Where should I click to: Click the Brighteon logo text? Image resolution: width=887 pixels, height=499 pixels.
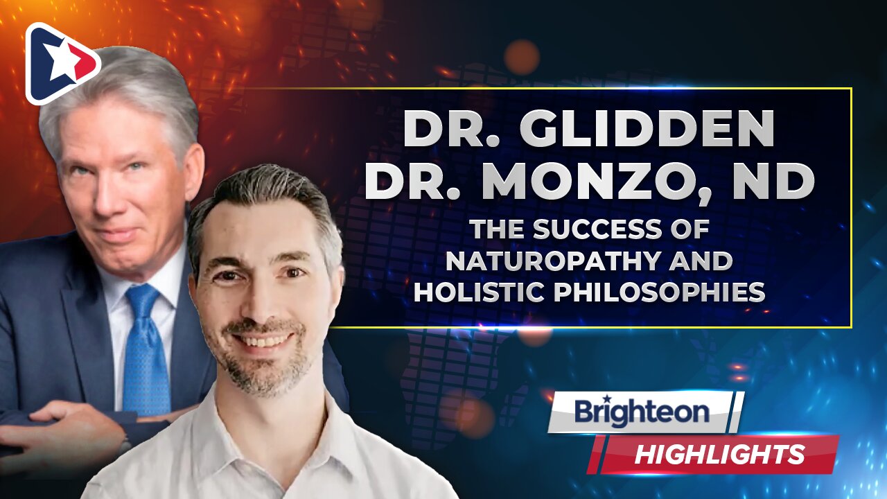pos(642,413)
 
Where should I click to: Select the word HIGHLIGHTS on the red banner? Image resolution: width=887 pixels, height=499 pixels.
pos(719,454)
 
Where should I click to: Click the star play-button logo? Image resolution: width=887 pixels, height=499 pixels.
pos(62,63)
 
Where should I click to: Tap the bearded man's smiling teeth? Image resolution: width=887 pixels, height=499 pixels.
pos(263,340)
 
